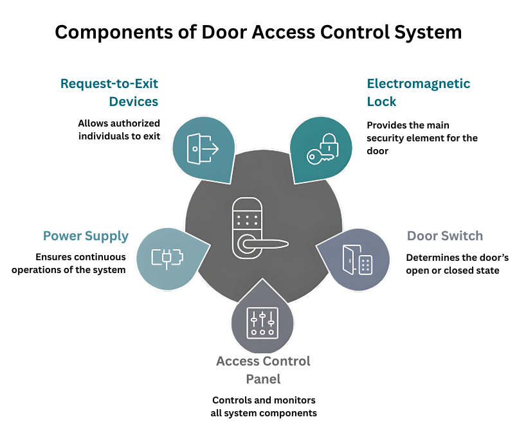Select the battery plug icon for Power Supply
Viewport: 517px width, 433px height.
tap(167, 258)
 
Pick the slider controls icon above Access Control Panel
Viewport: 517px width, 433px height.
tap(262, 323)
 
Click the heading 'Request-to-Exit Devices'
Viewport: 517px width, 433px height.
tap(109, 93)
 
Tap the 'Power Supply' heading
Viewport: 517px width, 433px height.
tap(86, 236)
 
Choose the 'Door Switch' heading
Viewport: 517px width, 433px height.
tap(444, 236)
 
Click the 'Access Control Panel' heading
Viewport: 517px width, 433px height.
tap(263, 370)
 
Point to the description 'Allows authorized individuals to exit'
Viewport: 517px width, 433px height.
tap(119, 130)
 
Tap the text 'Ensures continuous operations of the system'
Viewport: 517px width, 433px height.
tap(81, 263)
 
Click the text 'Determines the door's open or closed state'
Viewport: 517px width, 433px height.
tap(457, 263)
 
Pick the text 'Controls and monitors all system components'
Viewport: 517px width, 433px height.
tap(264, 406)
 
